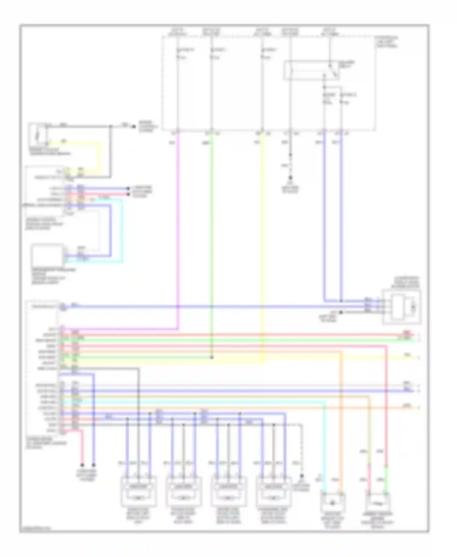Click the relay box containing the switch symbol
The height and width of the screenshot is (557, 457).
click(311, 71)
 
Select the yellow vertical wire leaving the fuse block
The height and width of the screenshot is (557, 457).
click(262, 244)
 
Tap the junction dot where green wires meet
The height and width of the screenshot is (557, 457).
click(212, 357)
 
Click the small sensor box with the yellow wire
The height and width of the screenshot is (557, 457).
click(38, 135)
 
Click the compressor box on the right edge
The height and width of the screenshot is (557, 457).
click(402, 307)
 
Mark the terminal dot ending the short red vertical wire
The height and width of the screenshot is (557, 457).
click(82, 465)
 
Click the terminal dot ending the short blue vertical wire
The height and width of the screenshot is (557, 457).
click(94, 465)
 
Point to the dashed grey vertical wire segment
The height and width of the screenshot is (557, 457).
click(302, 448)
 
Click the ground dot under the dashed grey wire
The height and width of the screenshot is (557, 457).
click(302, 476)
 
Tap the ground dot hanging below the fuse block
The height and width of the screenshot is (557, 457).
click(290, 178)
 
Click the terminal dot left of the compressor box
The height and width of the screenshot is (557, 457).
click(341, 312)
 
